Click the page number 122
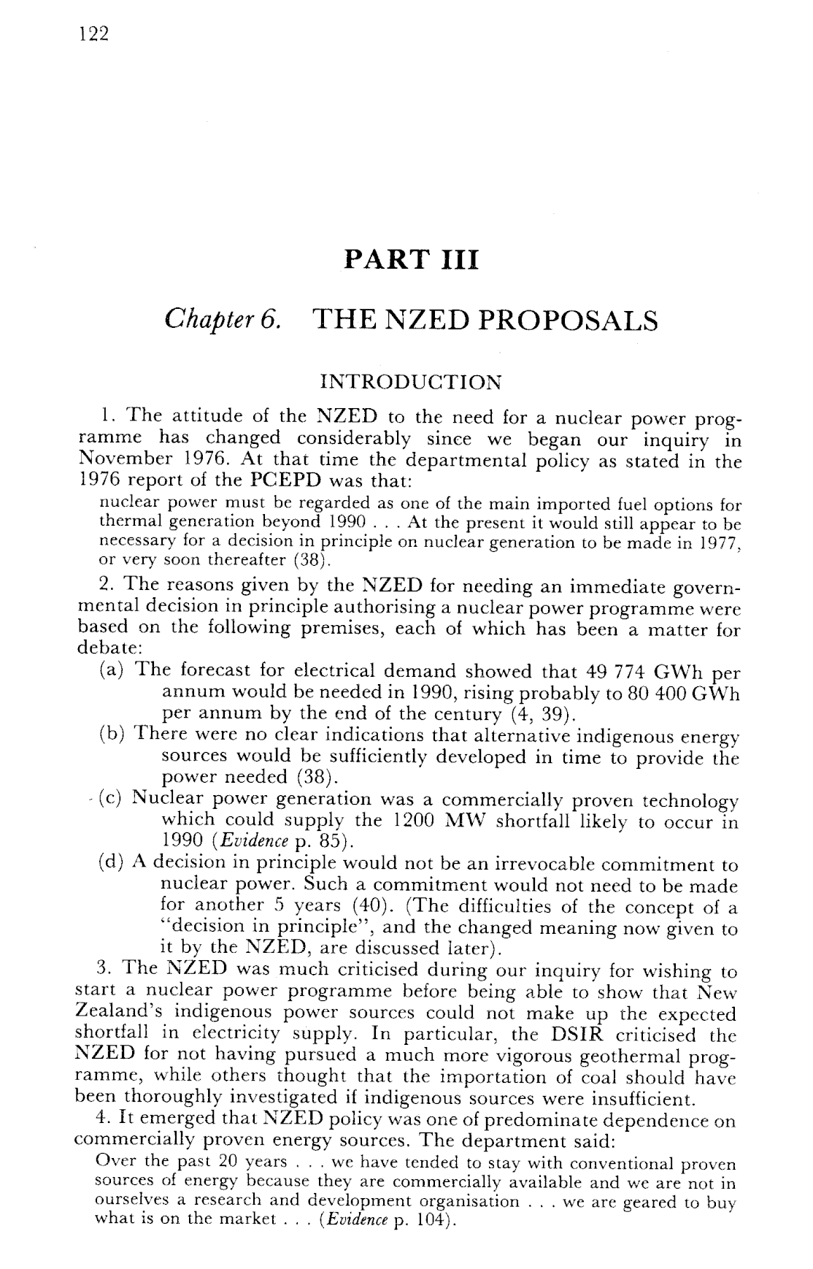95,34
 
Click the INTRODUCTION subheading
412,382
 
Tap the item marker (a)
113,671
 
